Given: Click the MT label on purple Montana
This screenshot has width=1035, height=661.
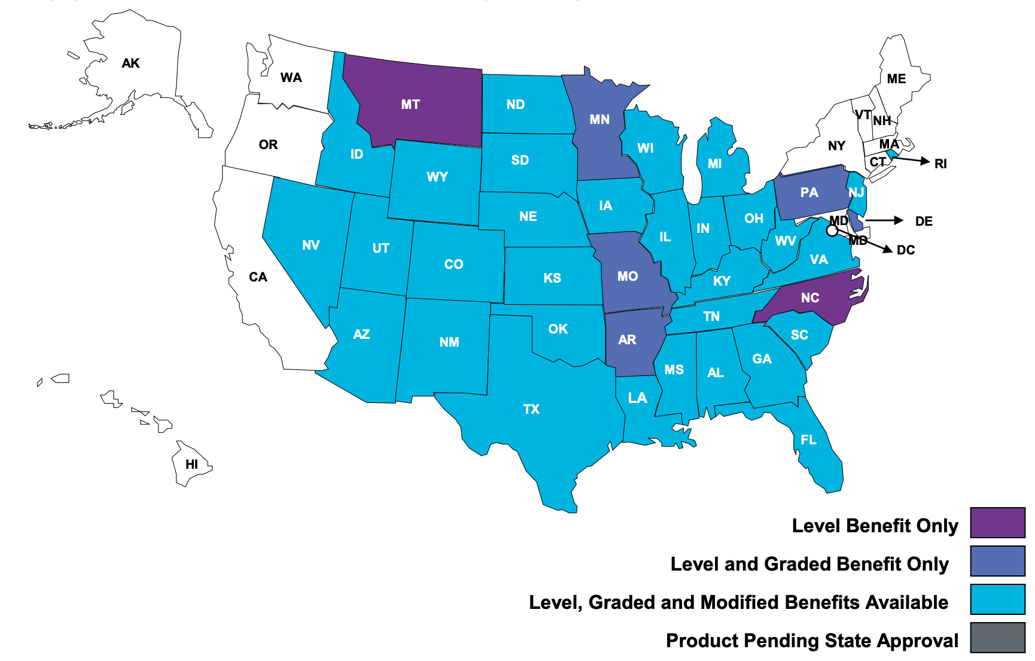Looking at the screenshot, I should (x=410, y=105).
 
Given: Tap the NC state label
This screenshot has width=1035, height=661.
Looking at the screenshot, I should (x=810, y=298).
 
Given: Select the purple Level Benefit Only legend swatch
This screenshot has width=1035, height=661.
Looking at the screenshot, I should (x=997, y=523).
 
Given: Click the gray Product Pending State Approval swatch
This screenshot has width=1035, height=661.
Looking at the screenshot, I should (x=997, y=638).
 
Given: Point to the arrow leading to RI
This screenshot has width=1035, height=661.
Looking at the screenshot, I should (x=911, y=160).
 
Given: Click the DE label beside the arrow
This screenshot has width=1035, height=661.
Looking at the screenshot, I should (x=924, y=222).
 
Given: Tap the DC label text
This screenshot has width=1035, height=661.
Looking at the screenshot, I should (x=906, y=250).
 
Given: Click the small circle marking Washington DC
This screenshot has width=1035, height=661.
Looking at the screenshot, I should (x=832, y=230).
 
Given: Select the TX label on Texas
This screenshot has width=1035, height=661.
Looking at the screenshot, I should (x=531, y=410).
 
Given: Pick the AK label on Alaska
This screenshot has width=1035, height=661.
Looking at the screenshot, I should (x=130, y=63).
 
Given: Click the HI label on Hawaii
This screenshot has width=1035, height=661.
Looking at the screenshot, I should (x=191, y=465).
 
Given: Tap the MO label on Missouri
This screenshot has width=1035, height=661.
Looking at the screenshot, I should (x=628, y=277).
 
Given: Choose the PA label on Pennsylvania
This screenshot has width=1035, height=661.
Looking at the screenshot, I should (x=809, y=193).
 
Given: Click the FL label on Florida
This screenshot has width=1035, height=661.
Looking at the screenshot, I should (x=808, y=440).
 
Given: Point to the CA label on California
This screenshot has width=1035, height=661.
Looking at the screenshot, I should (x=258, y=277).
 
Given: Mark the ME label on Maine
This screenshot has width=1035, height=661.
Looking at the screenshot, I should (x=896, y=79).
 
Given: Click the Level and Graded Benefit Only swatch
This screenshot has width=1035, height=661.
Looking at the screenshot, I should (x=997, y=561).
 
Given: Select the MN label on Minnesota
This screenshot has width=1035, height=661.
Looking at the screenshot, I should (x=599, y=120).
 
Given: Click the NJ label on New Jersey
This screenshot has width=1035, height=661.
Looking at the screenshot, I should (x=856, y=193).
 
